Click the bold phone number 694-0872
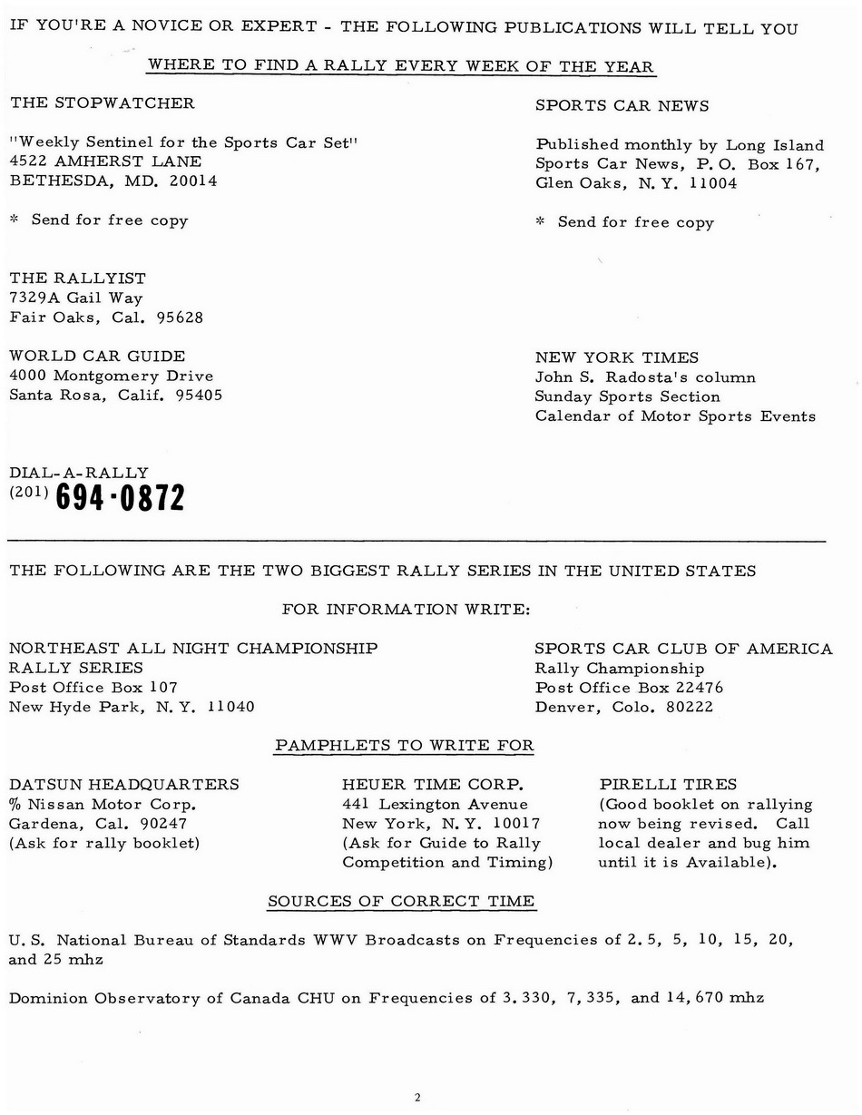tap(120, 497)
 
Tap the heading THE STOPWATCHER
tap(102, 103)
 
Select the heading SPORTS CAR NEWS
tap(622, 105)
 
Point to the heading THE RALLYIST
tap(77, 278)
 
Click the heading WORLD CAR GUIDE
tap(97, 356)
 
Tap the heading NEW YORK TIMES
tap(617, 357)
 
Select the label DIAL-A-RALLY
tap(79, 473)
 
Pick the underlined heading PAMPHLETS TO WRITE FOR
tap(404, 746)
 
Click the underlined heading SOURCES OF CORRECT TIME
tap(401, 901)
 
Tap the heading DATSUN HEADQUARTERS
tap(124, 784)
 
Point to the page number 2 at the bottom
tap(416, 1098)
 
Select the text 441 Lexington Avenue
tap(435, 804)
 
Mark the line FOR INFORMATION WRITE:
tap(406, 609)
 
